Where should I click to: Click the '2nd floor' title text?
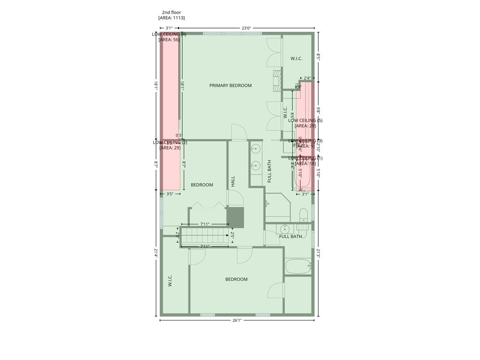click(172, 13)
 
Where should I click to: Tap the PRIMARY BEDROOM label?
click(230, 86)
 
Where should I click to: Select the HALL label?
click(233, 181)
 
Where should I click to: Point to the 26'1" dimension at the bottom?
click(237, 321)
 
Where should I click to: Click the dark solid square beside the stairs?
click(236, 217)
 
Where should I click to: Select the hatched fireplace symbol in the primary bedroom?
click(277, 80)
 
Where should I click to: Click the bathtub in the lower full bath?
click(298, 266)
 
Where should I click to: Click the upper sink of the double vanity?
click(255, 150)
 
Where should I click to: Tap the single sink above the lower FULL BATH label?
click(284, 229)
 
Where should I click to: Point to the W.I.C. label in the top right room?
click(296, 59)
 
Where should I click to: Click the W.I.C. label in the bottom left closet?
click(170, 281)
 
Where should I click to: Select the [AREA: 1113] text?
click(172, 18)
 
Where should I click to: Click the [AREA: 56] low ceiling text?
click(169, 40)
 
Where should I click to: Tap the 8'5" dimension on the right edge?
click(318, 57)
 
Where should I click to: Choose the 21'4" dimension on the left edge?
click(156, 254)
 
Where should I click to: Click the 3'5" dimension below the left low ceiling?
click(170, 194)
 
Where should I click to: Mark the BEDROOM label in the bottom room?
click(236, 279)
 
